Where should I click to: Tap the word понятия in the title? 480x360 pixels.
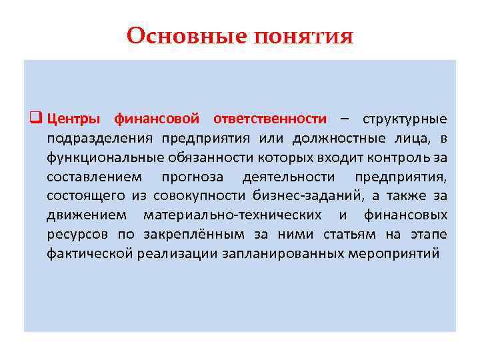(303, 37)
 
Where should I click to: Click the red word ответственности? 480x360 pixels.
(270, 119)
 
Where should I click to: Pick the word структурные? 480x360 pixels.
(405, 119)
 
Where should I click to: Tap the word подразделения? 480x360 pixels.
(99, 139)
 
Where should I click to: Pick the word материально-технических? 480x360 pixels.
(232, 215)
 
